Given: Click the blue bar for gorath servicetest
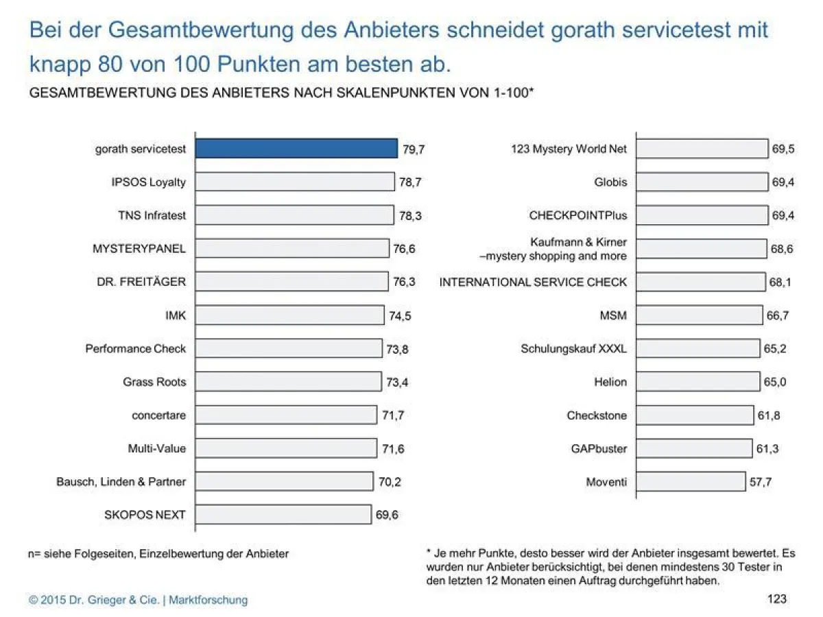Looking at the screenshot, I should pyautogui.click(x=296, y=149).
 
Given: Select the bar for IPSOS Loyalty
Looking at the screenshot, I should pyautogui.click(x=294, y=182).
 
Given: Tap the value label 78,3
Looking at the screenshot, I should pyautogui.click(x=410, y=215).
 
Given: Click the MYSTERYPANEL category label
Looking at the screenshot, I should pyautogui.click(x=139, y=249).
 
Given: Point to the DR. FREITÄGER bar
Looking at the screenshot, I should pyautogui.click(x=291, y=282).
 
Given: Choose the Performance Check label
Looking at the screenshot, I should pyautogui.click(x=135, y=348).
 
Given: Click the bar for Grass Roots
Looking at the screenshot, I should pyautogui.click(x=288, y=381).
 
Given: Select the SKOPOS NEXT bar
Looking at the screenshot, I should pyautogui.click(x=283, y=515).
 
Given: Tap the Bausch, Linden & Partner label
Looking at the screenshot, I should pyautogui.click(x=121, y=481).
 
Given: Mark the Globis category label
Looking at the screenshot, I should pyautogui.click(x=610, y=182).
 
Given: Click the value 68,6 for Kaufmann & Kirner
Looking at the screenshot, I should pyautogui.click(x=782, y=249).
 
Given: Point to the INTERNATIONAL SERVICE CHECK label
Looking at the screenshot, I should pyautogui.click(x=533, y=282).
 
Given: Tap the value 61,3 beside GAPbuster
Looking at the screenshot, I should pyautogui.click(x=767, y=448).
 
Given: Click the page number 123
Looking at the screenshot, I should pyautogui.click(x=777, y=599).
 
